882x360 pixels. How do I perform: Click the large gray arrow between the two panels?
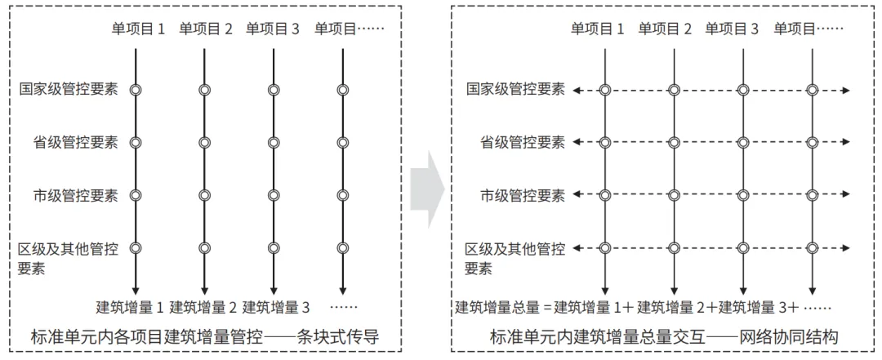[x=427, y=189]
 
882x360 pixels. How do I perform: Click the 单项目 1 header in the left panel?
[x=138, y=29]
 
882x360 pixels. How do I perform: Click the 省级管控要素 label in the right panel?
[x=523, y=142]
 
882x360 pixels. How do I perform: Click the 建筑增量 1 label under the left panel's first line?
[x=131, y=308]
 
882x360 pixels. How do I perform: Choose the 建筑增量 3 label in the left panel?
[x=276, y=308]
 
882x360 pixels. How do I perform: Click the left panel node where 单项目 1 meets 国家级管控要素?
[x=135, y=90]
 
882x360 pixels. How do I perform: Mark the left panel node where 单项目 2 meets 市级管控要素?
[x=204, y=195]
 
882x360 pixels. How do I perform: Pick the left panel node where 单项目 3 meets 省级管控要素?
[x=274, y=142]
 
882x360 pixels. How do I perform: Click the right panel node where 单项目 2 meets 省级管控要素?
[x=674, y=142]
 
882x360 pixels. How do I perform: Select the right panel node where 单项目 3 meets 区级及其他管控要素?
[x=742, y=247]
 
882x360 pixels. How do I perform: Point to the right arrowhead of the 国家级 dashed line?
[x=846, y=90]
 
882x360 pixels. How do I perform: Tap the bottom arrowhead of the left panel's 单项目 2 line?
[x=204, y=290]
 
